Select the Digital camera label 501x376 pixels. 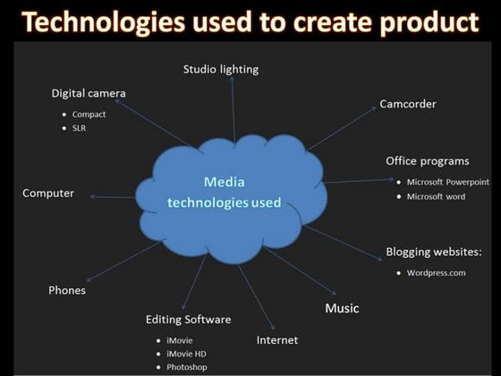[89, 93]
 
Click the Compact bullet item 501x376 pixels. [89, 115]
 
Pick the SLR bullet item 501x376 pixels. [79, 129]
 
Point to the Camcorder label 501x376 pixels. [408, 104]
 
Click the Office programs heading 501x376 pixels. [427, 161]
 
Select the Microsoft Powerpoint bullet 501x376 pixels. [447, 182]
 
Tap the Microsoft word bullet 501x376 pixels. [436, 196]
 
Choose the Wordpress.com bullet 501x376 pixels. [436, 272]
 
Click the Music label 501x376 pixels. [342, 308]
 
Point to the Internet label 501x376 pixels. [277, 340]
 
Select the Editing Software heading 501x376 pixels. [189, 320]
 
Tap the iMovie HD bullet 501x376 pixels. [186, 354]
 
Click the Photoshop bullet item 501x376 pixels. [186, 367]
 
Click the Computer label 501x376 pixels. [48, 192]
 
